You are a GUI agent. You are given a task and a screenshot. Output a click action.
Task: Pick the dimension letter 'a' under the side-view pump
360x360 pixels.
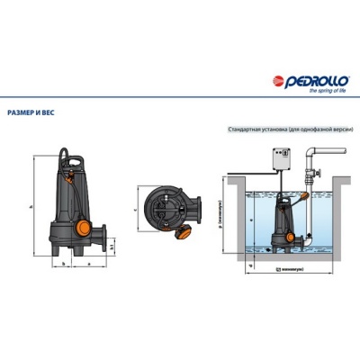pos(90,264)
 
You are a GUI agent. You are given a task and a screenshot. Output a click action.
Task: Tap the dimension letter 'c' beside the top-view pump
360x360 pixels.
pos(135,204)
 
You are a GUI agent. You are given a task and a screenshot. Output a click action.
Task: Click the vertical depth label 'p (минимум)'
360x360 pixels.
pos(221,216)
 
